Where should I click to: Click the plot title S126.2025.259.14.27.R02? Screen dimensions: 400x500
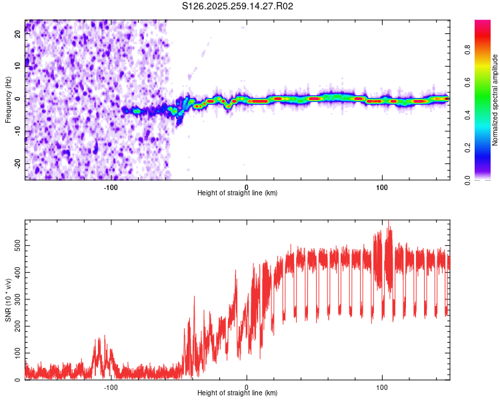(x=238, y=6)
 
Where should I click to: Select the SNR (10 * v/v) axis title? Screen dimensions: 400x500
(x=8, y=301)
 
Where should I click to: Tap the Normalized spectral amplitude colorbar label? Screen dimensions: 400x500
(x=495, y=100)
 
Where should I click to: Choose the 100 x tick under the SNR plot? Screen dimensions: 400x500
(x=382, y=386)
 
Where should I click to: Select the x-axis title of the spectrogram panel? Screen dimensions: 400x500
(x=237, y=193)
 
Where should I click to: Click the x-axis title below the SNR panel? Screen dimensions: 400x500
(x=237, y=393)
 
